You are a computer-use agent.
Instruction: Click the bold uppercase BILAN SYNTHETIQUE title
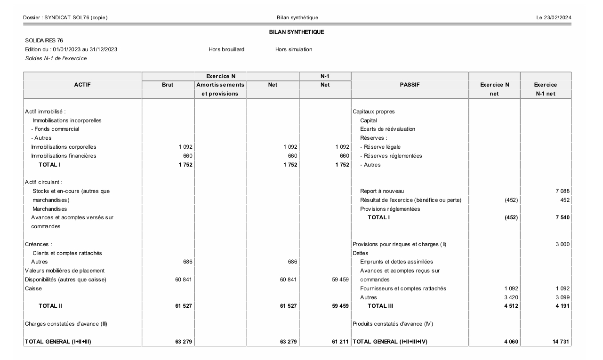pyautogui.click(x=297, y=32)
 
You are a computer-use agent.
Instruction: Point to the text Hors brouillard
pyautogui.click(x=226, y=49)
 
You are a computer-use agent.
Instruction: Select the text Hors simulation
pyautogui.click(x=294, y=49)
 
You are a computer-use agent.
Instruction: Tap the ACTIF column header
pyautogui.click(x=82, y=85)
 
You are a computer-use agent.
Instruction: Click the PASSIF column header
pyautogui.click(x=410, y=85)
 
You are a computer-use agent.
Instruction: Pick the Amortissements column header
pyautogui.click(x=220, y=85)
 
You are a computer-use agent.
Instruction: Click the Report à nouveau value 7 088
pyautogui.click(x=563, y=191)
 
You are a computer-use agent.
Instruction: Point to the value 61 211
pyautogui.click(x=339, y=342)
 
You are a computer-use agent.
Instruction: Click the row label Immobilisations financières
pyautogui.click(x=64, y=156)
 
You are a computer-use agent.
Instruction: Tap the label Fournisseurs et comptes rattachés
pyautogui.click(x=403, y=288)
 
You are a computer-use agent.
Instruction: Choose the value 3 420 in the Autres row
pyautogui.click(x=510, y=297)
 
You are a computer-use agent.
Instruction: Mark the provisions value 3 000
pyautogui.click(x=563, y=244)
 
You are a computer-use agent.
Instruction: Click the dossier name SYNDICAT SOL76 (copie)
pyautogui.click(x=76, y=18)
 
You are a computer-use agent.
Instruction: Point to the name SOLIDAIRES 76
pyautogui.click(x=44, y=40)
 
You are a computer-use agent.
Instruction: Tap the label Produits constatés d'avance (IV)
pyautogui.click(x=393, y=324)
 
